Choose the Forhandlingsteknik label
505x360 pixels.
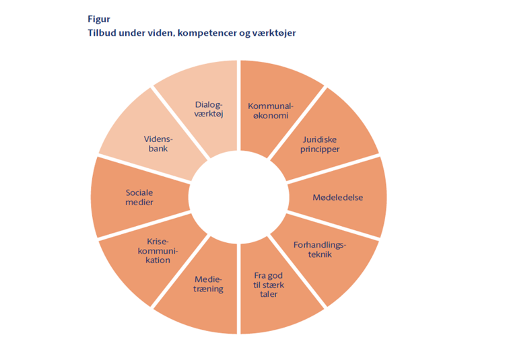(320, 250)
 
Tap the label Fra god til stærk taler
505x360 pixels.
(269, 285)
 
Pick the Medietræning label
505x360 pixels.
(208, 284)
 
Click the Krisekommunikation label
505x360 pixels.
(158, 250)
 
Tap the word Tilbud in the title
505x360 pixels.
(102, 32)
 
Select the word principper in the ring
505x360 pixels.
(321, 149)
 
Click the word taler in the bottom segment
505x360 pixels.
(269, 294)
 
